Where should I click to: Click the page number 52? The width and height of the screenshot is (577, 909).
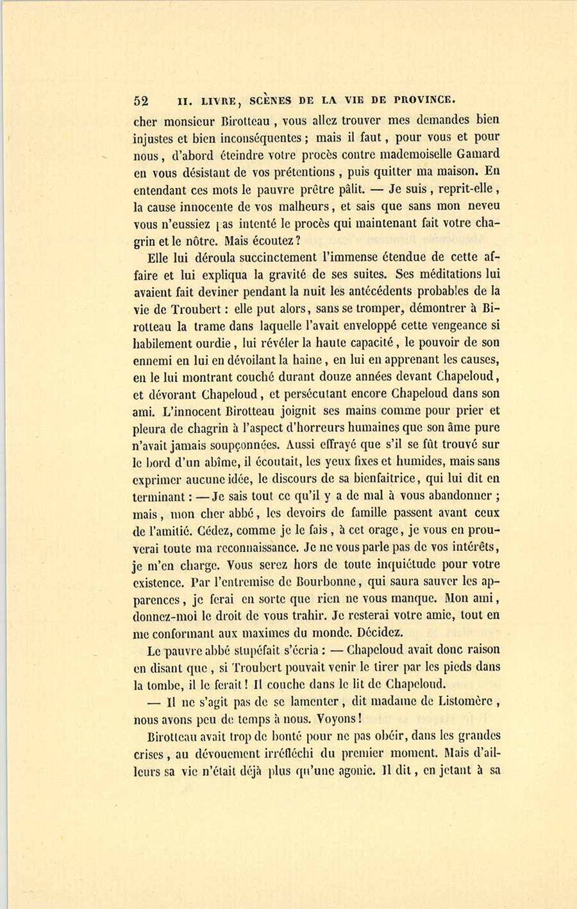(x=141, y=101)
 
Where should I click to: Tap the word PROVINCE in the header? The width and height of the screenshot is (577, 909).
(x=424, y=100)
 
